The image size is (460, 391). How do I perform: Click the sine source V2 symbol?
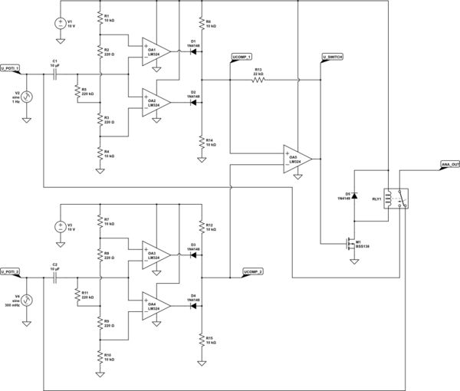coord(27,97)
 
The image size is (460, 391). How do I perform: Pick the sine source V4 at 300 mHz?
coord(27,300)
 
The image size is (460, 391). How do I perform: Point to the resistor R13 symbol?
coord(259,78)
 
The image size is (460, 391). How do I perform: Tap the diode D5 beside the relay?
coord(353,196)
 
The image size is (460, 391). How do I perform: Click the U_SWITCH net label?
coord(333,58)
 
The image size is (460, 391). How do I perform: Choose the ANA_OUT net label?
coord(450,164)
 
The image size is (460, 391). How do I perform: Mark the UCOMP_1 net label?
coord(242,58)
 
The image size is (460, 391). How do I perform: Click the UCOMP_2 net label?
coord(253,271)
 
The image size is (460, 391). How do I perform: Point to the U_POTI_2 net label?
coord(11,271)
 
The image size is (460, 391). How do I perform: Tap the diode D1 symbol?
coord(193,51)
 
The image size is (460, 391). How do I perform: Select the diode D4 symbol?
coord(193,305)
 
